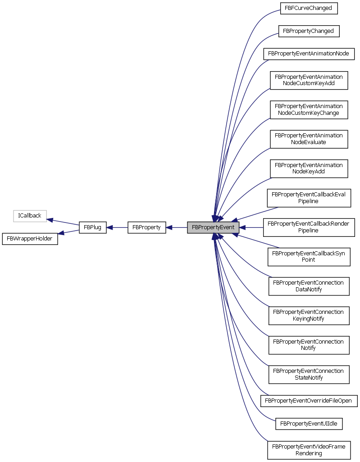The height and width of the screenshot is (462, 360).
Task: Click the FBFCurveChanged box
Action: pos(309,8)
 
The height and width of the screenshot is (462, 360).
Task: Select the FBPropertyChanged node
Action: pos(309,31)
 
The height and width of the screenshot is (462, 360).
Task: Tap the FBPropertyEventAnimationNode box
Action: pos(309,54)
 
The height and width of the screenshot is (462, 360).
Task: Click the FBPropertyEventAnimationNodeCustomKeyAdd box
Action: pos(309,80)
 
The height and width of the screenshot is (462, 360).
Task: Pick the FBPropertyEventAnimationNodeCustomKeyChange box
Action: pos(309,109)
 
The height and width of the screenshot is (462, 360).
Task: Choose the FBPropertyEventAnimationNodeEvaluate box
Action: pos(309,139)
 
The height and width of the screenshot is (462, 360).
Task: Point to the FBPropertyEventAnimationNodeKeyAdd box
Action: pos(309,168)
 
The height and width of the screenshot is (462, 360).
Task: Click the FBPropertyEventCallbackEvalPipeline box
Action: pos(309,198)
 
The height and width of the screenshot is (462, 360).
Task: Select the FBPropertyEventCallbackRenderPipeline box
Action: pos(309,227)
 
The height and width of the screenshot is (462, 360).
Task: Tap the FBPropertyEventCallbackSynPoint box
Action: pos(309,256)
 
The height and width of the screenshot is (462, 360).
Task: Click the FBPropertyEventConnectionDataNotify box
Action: pos(309,286)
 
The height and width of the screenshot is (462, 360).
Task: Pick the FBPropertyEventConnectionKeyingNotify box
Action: pos(309,315)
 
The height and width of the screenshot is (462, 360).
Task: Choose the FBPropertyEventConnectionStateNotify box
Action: pos(309,374)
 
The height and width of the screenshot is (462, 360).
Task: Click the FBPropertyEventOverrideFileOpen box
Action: pos(309,400)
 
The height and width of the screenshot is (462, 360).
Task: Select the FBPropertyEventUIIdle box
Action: pos(309,424)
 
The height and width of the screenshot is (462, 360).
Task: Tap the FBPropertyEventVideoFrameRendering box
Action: pos(309,450)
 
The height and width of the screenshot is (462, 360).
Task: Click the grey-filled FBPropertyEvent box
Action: pos(213,227)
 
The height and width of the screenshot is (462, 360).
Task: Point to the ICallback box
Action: pos(30,216)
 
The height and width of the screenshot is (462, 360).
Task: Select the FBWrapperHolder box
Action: pos(30,239)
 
